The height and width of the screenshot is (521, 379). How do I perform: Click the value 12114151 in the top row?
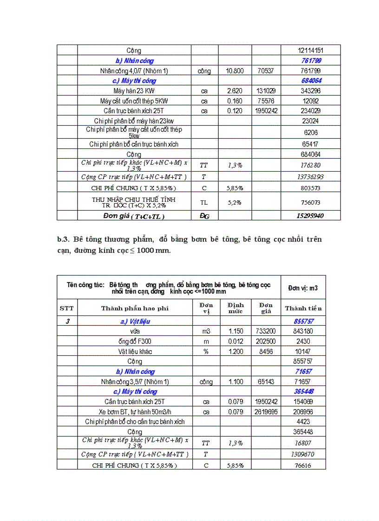click(x=310, y=51)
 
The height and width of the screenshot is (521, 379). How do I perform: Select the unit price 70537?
click(x=266, y=71)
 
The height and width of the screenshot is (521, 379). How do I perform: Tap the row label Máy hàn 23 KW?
click(x=134, y=91)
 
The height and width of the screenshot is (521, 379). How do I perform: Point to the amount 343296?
click(x=310, y=91)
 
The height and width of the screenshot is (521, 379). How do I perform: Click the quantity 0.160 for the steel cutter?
click(x=235, y=101)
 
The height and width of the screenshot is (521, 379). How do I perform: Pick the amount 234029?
click(x=310, y=111)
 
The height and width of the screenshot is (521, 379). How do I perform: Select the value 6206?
click(x=310, y=132)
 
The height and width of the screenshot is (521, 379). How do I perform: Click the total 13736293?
click(x=310, y=177)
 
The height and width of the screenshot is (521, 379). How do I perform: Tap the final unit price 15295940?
click(x=310, y=216)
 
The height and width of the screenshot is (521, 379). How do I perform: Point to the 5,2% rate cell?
click(x=235, y=202)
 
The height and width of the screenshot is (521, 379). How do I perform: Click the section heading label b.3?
click(x=63, y=239)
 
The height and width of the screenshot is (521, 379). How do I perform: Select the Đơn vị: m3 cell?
click(x=303, y=288)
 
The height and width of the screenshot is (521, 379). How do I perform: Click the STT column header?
click(x=67, y=308)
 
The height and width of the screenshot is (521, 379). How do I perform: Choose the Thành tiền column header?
click(x=303, y=308)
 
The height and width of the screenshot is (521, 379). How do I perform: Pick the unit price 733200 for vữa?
click(x=266, y=331)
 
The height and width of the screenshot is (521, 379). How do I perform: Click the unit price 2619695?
click(x=266, y=412)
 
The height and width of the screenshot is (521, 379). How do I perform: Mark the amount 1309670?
click(x=303, y=455)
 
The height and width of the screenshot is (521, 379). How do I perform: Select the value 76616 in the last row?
click(x=303, y=466)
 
